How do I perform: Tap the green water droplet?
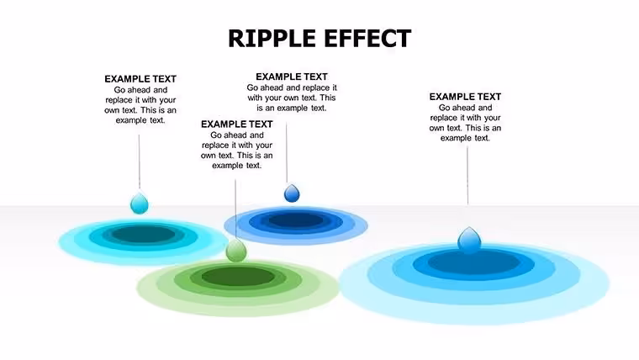click(x=236, y=251)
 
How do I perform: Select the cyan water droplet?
click(x=140, y=203)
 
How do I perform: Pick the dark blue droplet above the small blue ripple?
click(x=292, y=193)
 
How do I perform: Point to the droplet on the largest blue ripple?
click(x=469, y=240)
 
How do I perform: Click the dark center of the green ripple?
click(x=239, y=277)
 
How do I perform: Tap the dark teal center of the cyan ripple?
click(x=144, y=234)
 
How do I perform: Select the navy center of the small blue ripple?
click(x=296, y=220)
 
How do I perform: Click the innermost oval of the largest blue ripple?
click(x=473, y=261)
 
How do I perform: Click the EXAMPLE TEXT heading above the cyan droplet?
click(x=140, y=79)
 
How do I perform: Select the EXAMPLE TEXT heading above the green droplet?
click(x=237, y=124)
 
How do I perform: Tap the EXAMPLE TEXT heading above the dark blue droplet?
click(x=292, y=77)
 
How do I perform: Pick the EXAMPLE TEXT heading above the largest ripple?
click(x=465, y=97)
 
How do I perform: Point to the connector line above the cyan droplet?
click(x=139, y=161)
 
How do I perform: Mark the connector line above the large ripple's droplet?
click(x=467, y=176)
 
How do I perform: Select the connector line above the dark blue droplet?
click(x=287, y=153)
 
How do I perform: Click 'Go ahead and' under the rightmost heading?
click(x=466, y=108)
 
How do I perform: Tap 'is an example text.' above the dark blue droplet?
click(x=292, y=108)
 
